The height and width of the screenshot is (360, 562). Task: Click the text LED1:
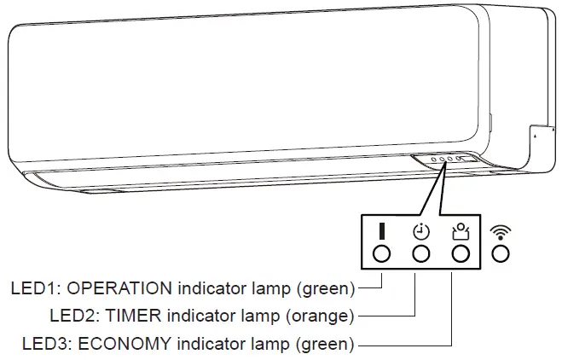pyautogui.click(x=36, y=287)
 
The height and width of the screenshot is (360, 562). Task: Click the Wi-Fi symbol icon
pyautogui.click(x=501, y=230)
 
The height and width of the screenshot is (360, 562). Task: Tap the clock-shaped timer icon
pyautogui.click(x=420, y=231)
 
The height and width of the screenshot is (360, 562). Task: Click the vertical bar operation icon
pyautogui.click(x=381, y=231)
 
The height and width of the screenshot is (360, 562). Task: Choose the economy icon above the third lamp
pyautogui.click(x=461, y=230)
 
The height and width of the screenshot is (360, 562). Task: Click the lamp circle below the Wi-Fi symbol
pyautogui.click(x=501, y=253)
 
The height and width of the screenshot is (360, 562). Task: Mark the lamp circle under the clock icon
pyautogui.click(x=420, y=253)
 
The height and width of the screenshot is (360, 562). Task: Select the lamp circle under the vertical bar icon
pyautogui.click(x=381, y=253)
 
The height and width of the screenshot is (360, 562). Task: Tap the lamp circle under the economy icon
pyautogui.click(x=461, y=253)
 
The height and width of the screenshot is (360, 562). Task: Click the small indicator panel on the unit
pyautogui.click(x=443, y=160)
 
